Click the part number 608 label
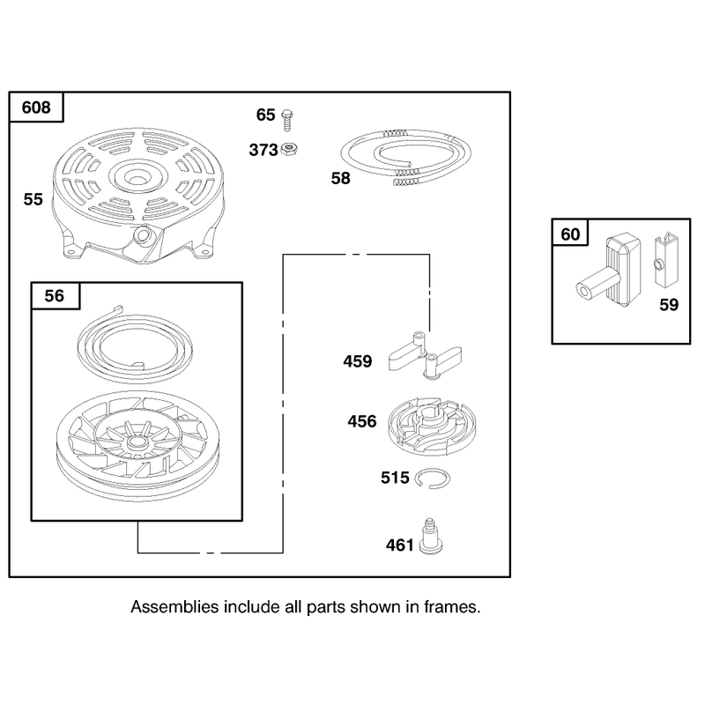pyautogui.click(x=36, y=108)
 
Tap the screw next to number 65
pyautogui.click(x=287, y=120)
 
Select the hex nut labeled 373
pyautogui.click(x=289, y=149)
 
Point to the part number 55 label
pyautogui.click(x=33, y=199)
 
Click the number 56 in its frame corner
pyautogui.click(x=54, y=296)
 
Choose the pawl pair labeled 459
pyautogui.click(x=425, y=356)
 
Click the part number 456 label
pyautogui.click(x=362, y=421)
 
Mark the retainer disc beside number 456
pyautogui.click(x=432, y=426)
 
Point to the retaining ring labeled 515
pyautogui.click(x=432, y=479)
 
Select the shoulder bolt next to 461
pyautogui.click(x=430, y=536)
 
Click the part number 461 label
pyautogui.click(x=400, y=545)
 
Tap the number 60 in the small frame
pyautogui.click(x=570, y=234)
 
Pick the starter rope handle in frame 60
pyautogui.click(x=609, y=272)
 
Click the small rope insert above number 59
pyautogui.click(x=665, y=259)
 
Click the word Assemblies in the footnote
pyautogui.click(x=174, y=607)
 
